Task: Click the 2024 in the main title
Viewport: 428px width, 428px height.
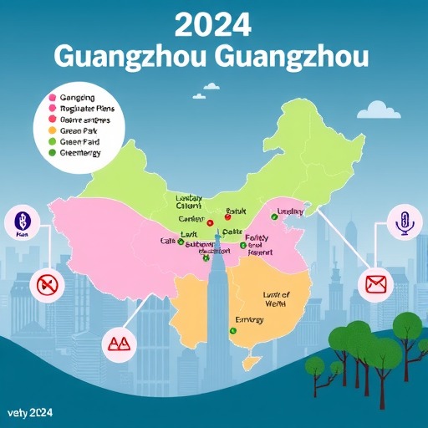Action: pos(213,25)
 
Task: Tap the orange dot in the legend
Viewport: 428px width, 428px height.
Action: pos(53,130)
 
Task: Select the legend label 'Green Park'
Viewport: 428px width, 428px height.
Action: pos(80,130)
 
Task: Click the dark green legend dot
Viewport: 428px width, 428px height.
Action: pos(53,152)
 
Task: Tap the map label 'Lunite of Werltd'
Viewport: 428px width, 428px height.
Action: pos(275,299)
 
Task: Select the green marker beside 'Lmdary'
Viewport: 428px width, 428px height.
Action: pos(273,217)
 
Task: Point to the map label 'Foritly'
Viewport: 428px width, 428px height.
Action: pos(260,239)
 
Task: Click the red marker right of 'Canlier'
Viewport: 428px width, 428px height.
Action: pos(210,223)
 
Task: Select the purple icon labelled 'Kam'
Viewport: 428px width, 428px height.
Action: pos(22,223)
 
